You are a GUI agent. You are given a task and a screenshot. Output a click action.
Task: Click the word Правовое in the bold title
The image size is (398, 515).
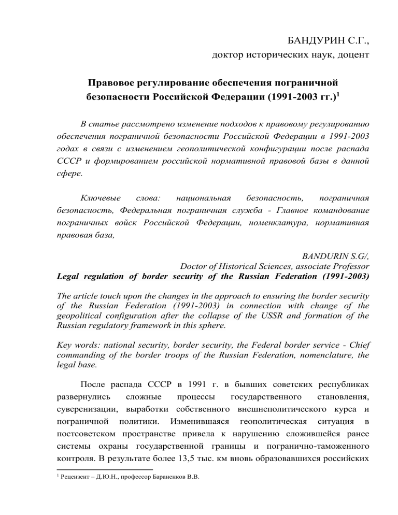(113, 82)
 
